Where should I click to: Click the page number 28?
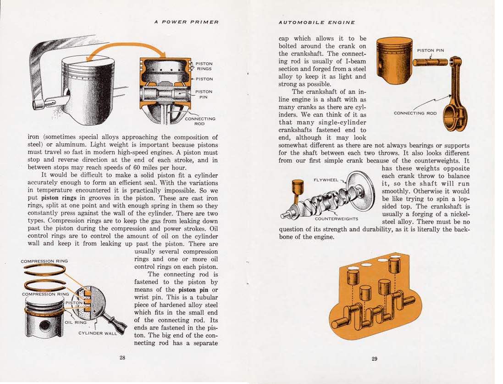122,358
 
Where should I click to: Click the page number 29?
374,359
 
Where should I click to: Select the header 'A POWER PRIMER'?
186,22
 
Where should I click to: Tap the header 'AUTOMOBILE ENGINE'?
316,22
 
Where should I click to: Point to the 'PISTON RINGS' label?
204,66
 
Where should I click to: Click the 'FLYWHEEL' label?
326,180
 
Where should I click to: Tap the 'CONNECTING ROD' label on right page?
415,113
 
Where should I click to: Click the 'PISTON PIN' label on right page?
430,51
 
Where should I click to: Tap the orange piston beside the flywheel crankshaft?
298,189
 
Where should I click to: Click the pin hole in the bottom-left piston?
45,327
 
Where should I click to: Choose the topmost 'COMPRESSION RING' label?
44,261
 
